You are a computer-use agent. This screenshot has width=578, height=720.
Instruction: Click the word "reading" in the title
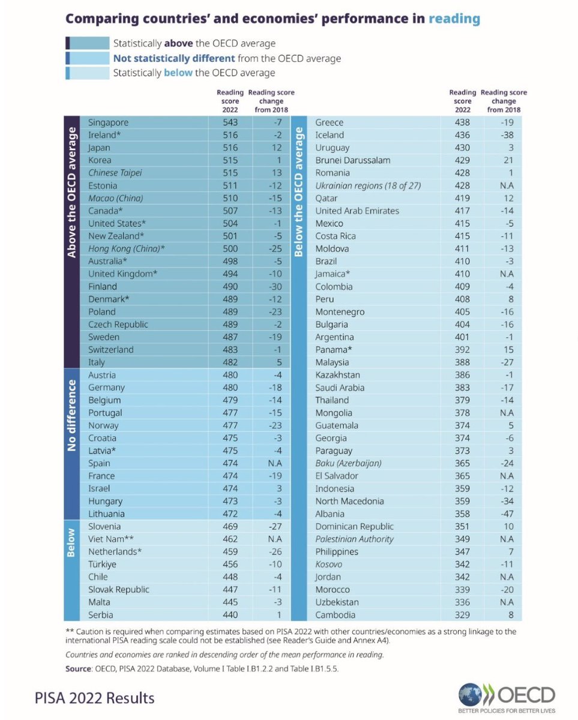coord(454,19)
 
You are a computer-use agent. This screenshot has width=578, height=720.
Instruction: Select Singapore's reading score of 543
coord(230,122)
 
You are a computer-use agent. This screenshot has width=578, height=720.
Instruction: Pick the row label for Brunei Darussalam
coord(353,160)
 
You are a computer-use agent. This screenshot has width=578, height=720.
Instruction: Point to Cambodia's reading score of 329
coord(462,614)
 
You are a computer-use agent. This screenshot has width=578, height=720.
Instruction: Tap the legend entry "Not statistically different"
coord(174,59)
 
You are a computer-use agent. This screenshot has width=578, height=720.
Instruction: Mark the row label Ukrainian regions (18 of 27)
coord(368,186)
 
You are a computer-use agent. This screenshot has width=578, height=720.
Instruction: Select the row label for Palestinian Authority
coord(354,539)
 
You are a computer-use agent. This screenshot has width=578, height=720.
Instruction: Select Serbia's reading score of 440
coord(230,614)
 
